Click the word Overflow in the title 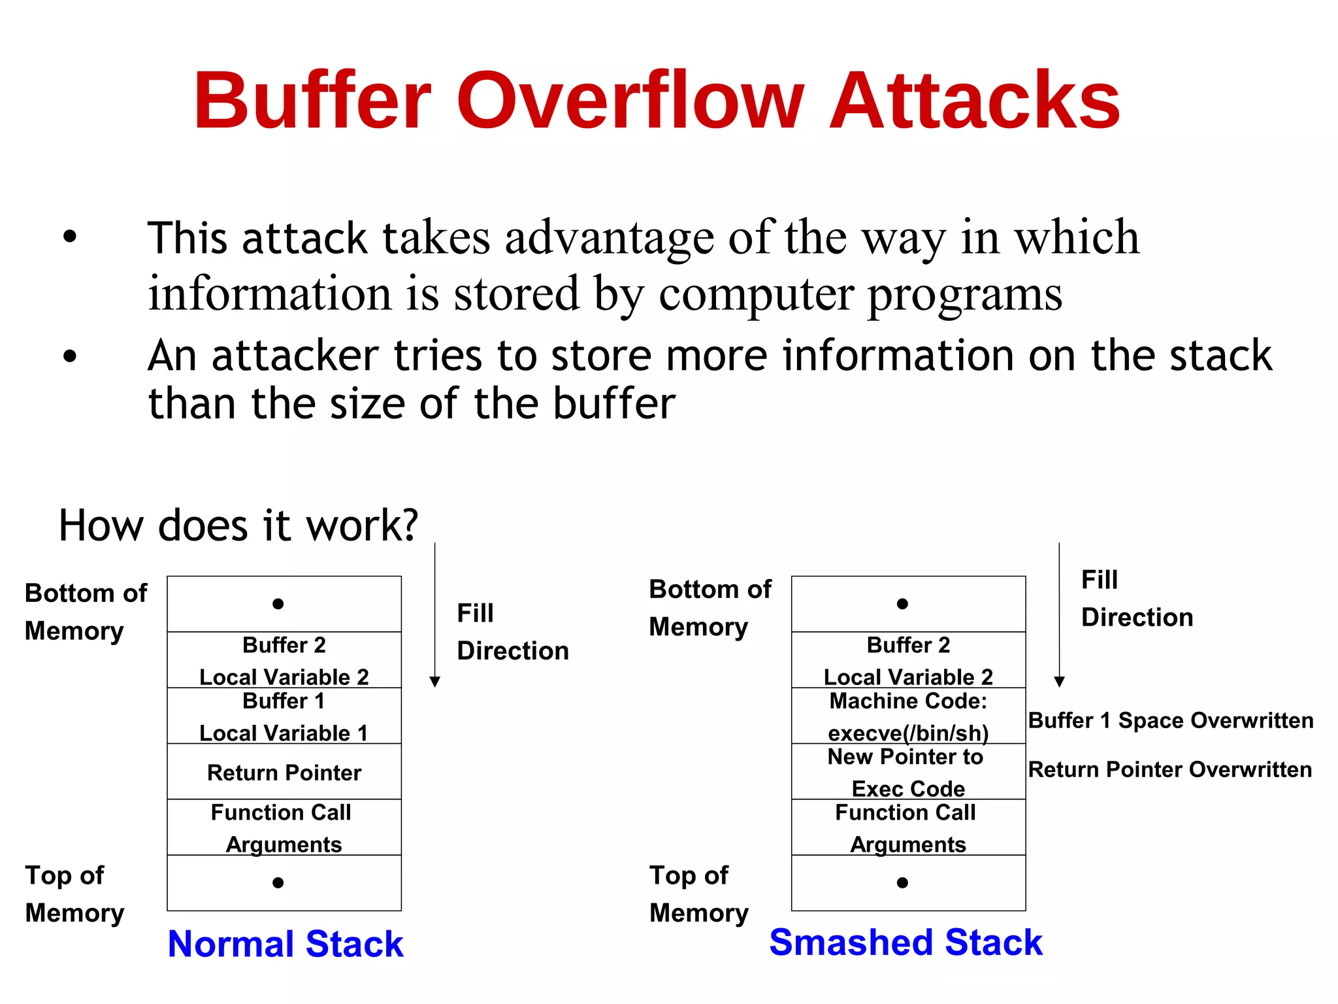629,101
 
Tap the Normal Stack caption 286,944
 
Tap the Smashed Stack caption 906,943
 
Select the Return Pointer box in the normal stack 284,772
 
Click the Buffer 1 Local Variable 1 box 284,716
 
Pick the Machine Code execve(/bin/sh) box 908,716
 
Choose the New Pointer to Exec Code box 908,772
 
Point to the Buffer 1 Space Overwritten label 1170,720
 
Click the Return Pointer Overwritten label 1169,769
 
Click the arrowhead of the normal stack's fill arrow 435,682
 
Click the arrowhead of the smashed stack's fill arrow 1060,682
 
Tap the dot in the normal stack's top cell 278,604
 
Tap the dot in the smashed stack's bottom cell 902,883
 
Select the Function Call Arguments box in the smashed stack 908,828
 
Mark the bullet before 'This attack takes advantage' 70,237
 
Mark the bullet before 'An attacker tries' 70,356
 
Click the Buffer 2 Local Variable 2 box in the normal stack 284,660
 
